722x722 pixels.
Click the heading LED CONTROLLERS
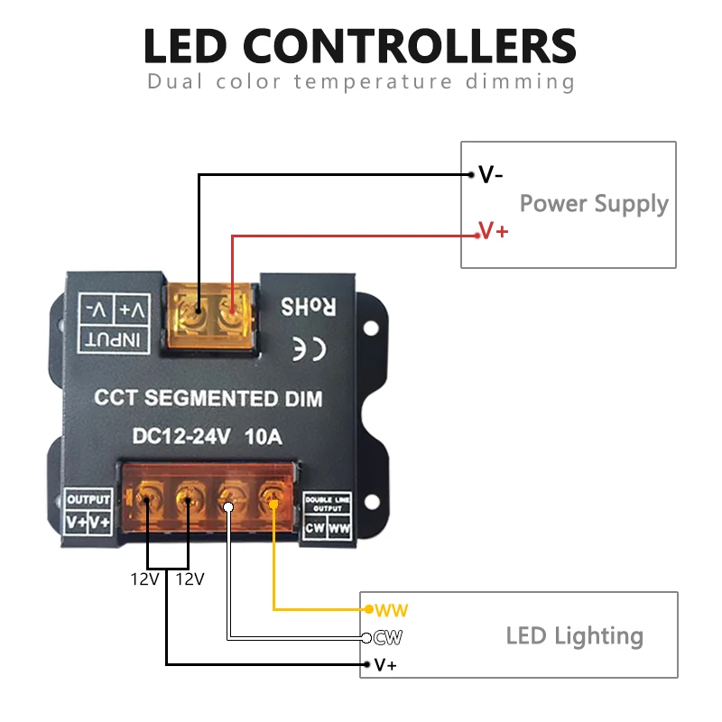click(x=360, y=45)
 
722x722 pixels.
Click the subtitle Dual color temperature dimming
click(x=360, y=82)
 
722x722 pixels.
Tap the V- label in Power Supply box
click(x=491, y=175)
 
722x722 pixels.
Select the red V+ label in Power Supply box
click(x=494, y=232)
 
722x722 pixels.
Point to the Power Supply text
click(x=594, y=203)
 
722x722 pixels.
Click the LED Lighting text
click(x=574, y=635)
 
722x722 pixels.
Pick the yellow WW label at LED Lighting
click(x=393, y=611)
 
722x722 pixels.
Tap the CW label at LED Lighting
click(x=388, y=638)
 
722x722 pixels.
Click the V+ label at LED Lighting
click(x=385, y=666)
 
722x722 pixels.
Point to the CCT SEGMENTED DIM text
click(x=208, y=398)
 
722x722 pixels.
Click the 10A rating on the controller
click(x=263, y=439)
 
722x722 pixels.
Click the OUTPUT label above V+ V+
click(x=88, y=499)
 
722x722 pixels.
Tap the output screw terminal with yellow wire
click(x=271, y=494)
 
